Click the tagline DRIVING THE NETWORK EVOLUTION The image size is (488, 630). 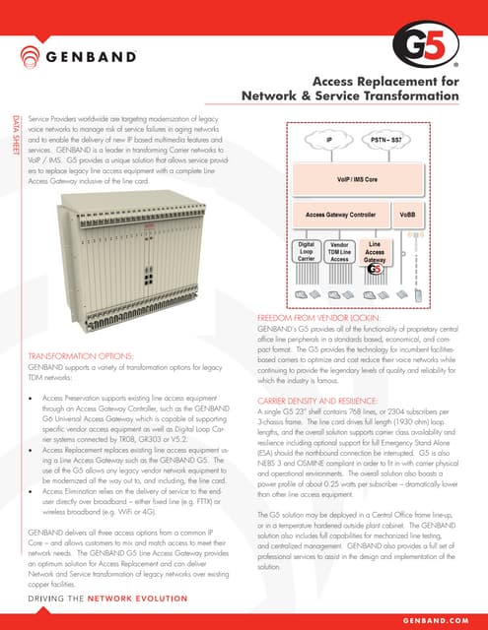[x=110, y=598]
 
